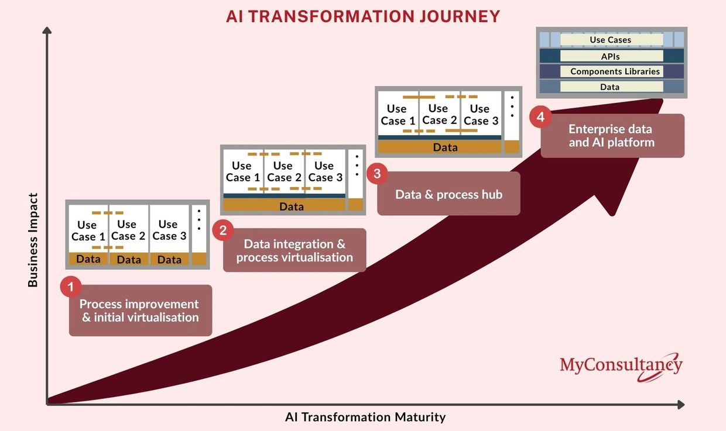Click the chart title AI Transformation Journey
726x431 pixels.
click(363, 16)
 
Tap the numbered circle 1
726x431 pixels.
click(71, 287)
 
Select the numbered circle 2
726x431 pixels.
click(223, 230)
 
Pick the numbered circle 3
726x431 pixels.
click(377, 174)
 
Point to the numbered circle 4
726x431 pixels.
click(540, 116)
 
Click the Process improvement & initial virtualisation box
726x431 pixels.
click(141, 310)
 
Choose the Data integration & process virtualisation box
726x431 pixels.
click(294, 250)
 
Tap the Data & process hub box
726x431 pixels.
click(448, 194)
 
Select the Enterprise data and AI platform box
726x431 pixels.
click(612, 136)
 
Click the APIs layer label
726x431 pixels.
click(610, 56)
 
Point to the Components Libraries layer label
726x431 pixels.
click(615, 71)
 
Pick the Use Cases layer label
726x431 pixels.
click(610, 40)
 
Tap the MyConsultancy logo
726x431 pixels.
click(621, 367)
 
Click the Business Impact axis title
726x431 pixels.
click(33, 240)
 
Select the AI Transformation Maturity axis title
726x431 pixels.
click(365, 417)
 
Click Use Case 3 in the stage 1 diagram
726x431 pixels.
click(169, 230)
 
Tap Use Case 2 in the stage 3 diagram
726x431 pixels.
click(439, 114)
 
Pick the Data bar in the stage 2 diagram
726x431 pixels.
click(284, 205)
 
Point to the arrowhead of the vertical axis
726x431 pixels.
click(47, 30)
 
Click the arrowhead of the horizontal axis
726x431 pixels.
click(681, 405)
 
